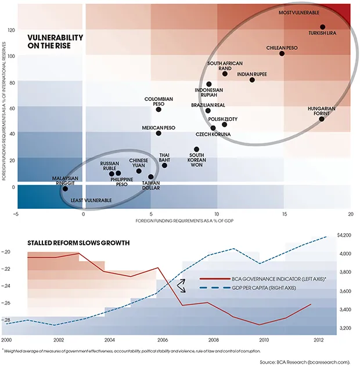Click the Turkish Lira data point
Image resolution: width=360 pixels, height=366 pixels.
[323, 27]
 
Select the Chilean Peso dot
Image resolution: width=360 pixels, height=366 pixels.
[282, 53]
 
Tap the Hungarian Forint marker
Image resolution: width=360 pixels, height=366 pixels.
[322, 119]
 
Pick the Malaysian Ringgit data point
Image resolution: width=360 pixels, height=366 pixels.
[65, 189]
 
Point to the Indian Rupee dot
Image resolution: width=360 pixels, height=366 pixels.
[252, 79]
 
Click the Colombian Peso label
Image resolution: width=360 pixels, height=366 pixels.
[159, 102]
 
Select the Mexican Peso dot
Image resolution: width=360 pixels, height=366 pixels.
[159, 133]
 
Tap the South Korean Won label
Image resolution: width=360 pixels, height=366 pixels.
[196, 160]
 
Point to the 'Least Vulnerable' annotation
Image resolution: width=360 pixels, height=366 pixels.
[91, 200]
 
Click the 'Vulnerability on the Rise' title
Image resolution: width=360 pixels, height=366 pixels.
[55, 42]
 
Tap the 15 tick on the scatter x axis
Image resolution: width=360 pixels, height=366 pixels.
[284, 214]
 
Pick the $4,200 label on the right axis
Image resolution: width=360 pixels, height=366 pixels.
[345, 235]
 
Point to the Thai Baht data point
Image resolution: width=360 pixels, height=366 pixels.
[164, 165]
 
